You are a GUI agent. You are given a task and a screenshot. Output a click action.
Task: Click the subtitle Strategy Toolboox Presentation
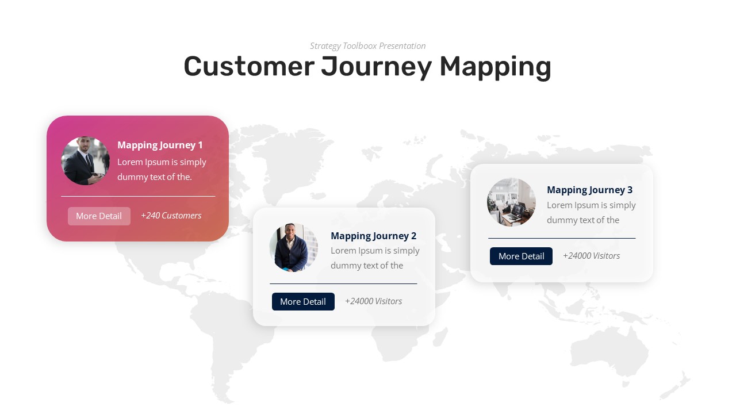[367, 46]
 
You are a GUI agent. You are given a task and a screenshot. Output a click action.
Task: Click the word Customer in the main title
[248, 66]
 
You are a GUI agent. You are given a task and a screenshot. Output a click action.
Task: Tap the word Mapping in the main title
[495, 66]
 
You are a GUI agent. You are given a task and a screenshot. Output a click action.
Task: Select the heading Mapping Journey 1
[160, 145]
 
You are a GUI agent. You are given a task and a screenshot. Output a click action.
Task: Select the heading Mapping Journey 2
[373, 236]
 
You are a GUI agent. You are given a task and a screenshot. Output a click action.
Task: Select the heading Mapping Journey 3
[589, 190]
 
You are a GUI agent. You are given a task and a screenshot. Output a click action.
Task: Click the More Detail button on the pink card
[99, 216]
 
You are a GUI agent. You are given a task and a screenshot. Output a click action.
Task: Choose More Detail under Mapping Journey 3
[521, 256]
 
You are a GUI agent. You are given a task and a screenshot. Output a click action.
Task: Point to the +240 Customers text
[171, 216]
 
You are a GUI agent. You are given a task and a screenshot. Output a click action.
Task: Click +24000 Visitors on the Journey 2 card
[373, 301]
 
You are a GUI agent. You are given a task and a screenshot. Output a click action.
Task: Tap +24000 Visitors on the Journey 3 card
[591, 256]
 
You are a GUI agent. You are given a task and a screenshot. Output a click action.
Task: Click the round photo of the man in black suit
[86, 161]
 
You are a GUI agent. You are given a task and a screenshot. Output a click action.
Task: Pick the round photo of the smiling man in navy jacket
[294, 248]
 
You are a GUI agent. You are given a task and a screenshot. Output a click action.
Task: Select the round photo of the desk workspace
[512, 202]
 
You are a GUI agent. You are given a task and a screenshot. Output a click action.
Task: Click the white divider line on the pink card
[138, 197]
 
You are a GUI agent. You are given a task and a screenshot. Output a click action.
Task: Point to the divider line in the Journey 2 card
[343, 283]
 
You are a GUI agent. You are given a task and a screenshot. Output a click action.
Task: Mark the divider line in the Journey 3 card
[562, 238]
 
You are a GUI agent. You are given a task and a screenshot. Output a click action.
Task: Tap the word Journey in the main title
[376, 66]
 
